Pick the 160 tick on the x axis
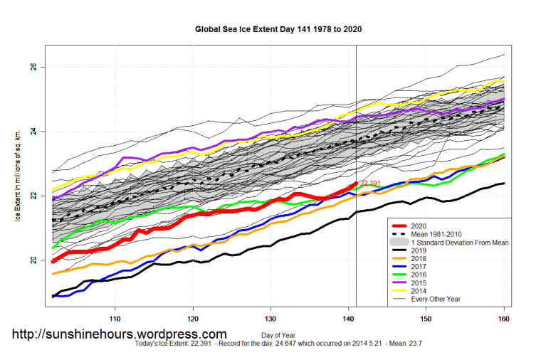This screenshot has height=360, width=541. pos(504,318)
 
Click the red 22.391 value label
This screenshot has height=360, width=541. pos(371,184)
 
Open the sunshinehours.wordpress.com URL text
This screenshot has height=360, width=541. pos(119,334)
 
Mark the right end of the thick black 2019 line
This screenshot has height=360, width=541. pos(504,184)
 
